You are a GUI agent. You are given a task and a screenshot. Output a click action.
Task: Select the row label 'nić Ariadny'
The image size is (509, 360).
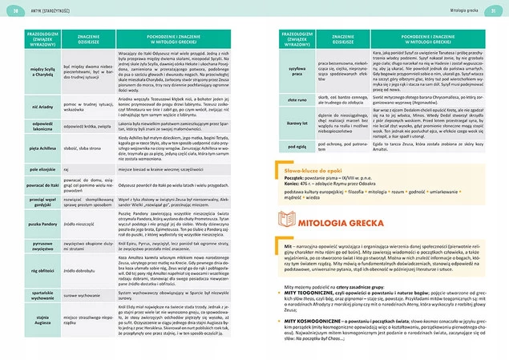[x=31, y=106]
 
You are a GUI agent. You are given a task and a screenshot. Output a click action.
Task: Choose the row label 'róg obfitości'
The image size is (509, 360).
[x=31, y=272]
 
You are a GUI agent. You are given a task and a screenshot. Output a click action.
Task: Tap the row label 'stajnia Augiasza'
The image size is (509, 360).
[x=31, y=324]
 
